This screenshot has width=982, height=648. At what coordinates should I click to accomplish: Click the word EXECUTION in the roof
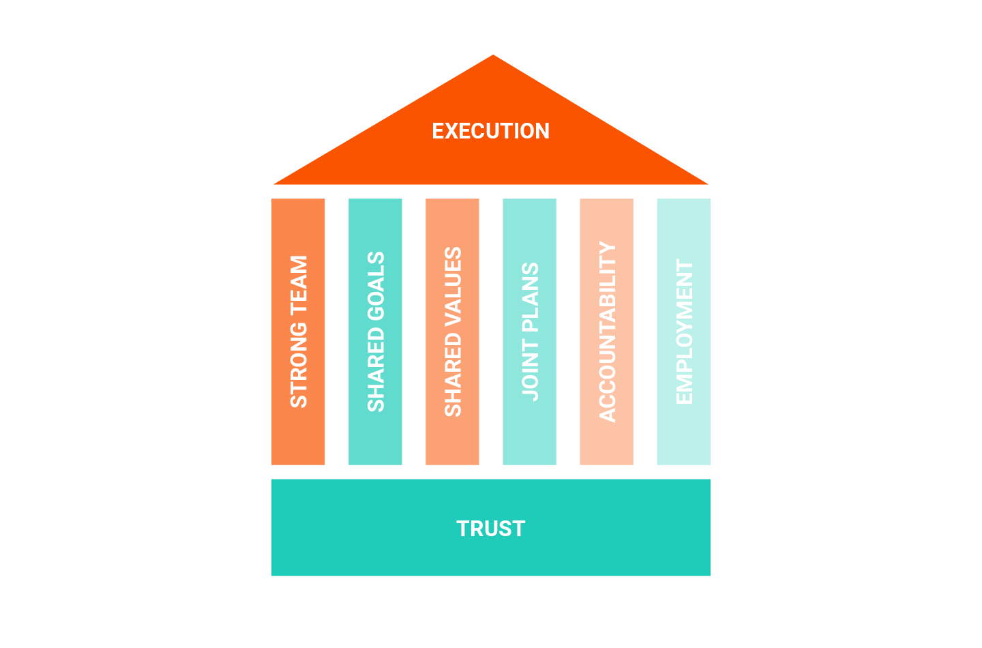490,131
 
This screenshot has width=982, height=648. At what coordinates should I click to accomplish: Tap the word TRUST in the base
490,529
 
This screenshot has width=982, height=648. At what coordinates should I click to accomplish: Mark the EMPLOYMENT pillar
683,332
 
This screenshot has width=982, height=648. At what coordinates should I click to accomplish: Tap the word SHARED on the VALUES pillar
453,374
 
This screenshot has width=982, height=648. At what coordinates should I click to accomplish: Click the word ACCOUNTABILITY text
607,332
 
